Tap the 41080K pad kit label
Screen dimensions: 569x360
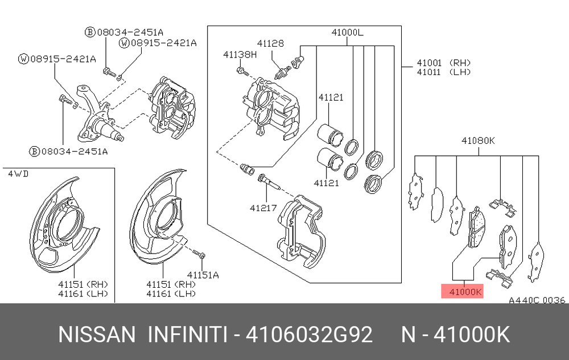coord(478,140)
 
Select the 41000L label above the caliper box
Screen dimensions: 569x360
coord(347,32)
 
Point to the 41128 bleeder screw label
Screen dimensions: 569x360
coord(270,43)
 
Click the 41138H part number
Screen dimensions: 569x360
coord(240,55)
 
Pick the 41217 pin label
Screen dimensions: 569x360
coord(263,208)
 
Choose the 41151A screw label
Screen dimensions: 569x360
coord(203,275)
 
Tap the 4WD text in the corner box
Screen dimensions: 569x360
coord(18,174)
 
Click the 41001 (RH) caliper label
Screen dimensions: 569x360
coord(443,63)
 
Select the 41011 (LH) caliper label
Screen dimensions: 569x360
coord(443,72)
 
